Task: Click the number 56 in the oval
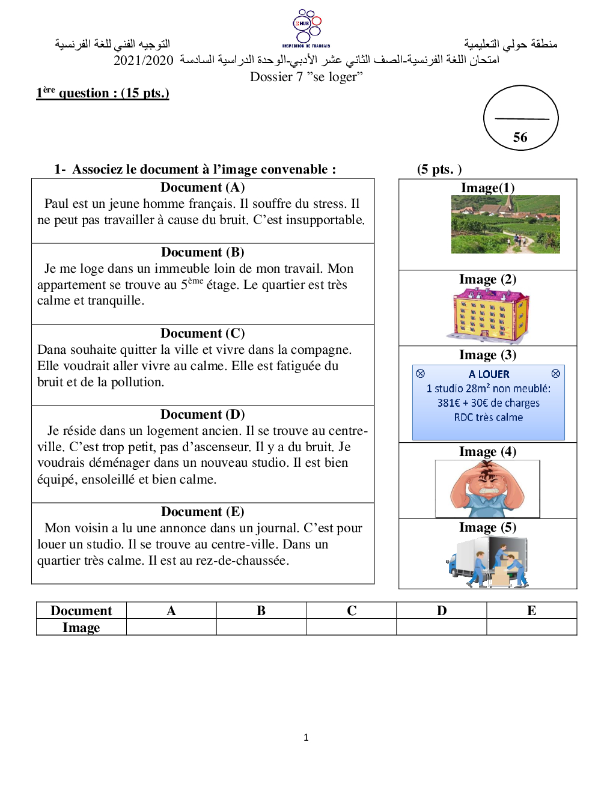pos(520,138)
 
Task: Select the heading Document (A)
pos(203,187)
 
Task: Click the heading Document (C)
pos(203,333)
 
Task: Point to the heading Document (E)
pos(203,512)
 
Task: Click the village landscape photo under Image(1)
pos(505,224)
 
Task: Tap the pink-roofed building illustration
pos(488,315)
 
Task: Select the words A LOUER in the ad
pos(489,374)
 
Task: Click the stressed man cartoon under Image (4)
pos(487,488)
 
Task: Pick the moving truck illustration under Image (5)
pos(487,562)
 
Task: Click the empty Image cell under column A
pos(171,627)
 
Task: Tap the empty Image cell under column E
pos(531,627)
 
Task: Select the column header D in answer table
pos(442,610)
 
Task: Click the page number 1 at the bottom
pos(306,737)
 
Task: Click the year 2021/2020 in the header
pos(143,60)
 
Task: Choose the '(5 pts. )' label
pos(439,169)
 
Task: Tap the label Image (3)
pos(487,355)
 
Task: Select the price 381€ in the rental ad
pos(448,403)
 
